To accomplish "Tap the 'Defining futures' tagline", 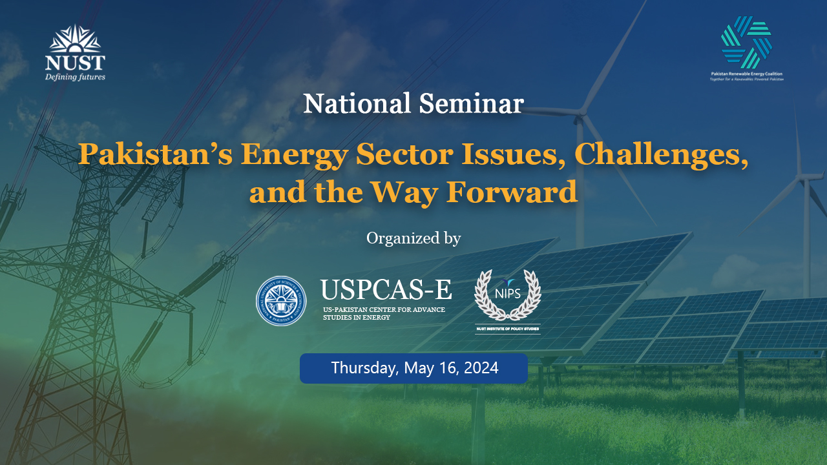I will click(75, 77).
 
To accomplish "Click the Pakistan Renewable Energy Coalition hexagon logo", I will click(746, 43).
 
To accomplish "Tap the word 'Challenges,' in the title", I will click(661, 156).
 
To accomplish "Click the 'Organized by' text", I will click(413, 238).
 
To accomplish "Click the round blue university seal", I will click(282, 301).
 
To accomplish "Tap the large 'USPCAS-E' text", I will click(386, 291).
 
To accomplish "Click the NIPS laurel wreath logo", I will click(508, 295).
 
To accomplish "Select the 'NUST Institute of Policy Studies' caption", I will click(508, 329).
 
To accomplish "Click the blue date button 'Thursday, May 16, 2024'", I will click(413, 368).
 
